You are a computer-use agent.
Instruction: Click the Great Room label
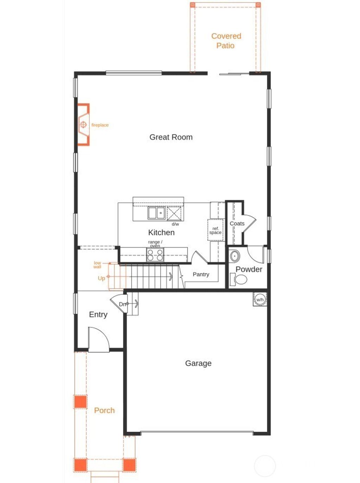tap(171, 137)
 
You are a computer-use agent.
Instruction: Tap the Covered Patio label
tap(226, 41)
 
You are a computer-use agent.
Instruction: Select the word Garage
tap(198, 363)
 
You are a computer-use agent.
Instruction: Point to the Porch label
tap(104, 410)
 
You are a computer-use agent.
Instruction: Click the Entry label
tap(98, 314)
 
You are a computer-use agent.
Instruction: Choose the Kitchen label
tap(161, 232)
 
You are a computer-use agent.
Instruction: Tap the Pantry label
tap(201, 274)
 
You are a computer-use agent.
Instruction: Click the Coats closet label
tap(237, 224)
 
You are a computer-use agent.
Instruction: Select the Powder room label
tap(249, 269)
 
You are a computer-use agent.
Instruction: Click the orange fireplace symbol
tap(84, 124)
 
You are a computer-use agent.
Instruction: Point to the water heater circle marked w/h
tap(260, 300)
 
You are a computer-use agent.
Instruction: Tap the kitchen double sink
tap(156, 213)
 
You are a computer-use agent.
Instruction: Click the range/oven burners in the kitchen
tap(155, 255)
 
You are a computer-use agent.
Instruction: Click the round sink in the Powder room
tap(234, 256)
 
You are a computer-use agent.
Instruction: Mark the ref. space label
tap(215, 231)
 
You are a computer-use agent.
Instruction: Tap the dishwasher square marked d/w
tap(175, 214)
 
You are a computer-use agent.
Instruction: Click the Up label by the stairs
tap(101, 278)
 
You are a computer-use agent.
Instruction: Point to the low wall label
tap(97, 265)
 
